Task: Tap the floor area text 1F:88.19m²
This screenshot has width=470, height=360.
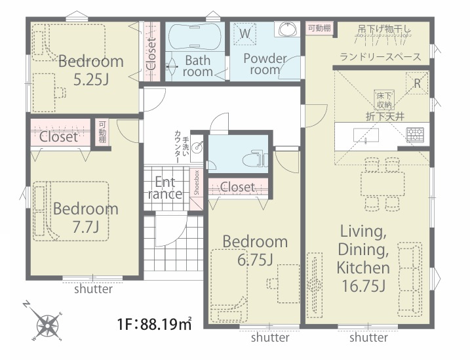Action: click(154, 324)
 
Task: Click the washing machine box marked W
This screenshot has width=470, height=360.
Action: click(245, 34)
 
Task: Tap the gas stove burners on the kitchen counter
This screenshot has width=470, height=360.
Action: click(415, 134)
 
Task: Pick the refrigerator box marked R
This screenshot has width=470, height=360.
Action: click(417, 83)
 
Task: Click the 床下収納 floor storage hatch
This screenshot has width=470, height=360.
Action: click(384, 100)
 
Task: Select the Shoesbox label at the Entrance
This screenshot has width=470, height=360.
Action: click(197, 183)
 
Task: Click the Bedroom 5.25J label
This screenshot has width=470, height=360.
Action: click(91, 70)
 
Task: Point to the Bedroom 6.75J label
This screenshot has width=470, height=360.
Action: click(255, 250)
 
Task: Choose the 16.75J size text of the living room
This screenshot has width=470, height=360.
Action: click(363, 286)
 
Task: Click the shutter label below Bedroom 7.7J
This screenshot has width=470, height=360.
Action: click(93, 289)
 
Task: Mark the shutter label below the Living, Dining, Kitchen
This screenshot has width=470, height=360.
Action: click(368, 338)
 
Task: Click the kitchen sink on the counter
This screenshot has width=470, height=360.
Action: click(366, 136)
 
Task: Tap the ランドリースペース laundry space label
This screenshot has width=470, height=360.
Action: click(380, 57)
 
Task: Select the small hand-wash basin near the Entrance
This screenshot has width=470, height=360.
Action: click(197, 148)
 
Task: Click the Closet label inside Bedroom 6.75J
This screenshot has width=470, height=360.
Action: click(238, 187)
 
